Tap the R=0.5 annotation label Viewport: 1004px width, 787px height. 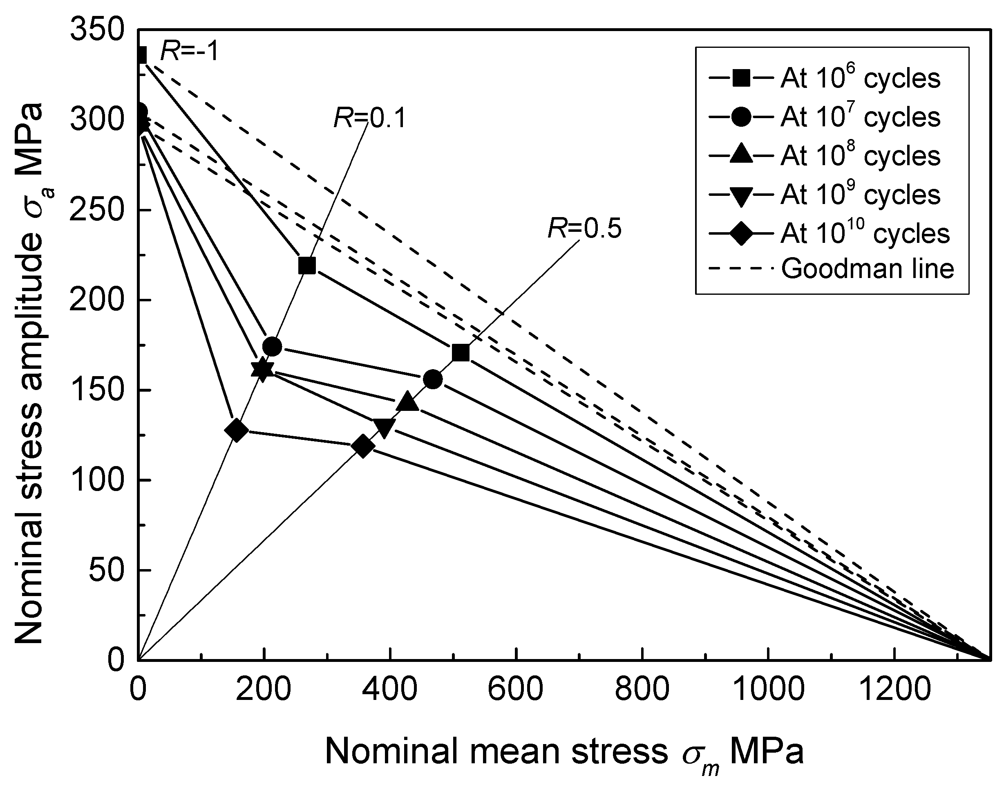click(584, 229)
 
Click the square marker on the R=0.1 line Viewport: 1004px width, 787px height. click(307, 265)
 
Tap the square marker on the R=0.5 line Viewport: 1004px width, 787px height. click(461, 353)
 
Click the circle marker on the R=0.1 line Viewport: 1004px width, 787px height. click(272, 347)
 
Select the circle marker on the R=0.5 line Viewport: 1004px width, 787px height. click(432, 379)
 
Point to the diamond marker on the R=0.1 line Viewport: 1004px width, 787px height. click(236, 430)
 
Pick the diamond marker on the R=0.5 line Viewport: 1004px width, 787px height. click(362, 446)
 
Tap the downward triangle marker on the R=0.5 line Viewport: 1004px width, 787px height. click(384, 428)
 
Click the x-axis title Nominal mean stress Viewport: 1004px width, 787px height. click(564, 752)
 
